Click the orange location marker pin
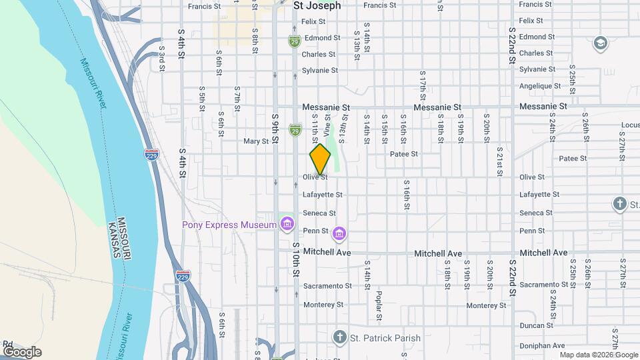point(320,159)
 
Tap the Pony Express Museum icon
point(287,223)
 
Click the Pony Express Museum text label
point(229,225)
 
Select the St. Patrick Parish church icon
point(340,337)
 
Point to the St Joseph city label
point(317,5)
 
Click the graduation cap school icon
point(600,43)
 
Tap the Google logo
point(22,351)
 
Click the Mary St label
point(255,141)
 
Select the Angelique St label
point(540,86)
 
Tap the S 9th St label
point(275,130)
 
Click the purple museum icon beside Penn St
point(339,233)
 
